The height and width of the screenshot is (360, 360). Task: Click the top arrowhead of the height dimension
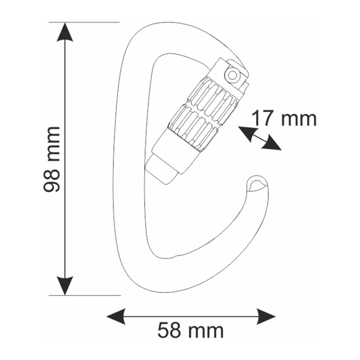pyautogui.click(x=65, y=32)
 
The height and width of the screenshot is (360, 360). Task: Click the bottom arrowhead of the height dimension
pyautogui.click(x=65, y=286)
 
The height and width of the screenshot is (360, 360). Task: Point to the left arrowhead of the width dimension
pyautogui.click(x=116, y=316)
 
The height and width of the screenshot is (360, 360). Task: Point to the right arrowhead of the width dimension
pyautogui.click(x=266, y=316)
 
